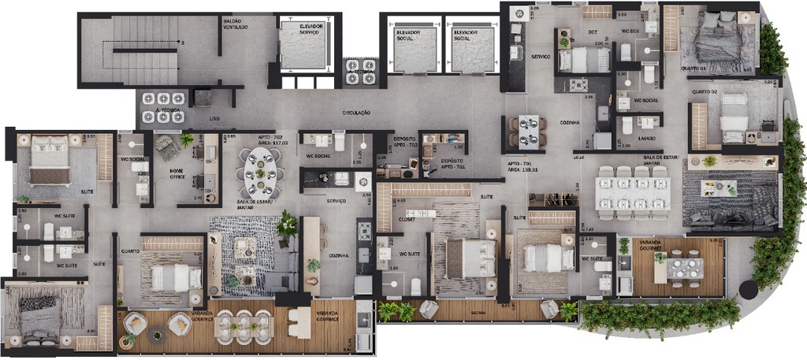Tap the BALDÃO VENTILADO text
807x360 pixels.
(x=236, y=24)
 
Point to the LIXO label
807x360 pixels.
(x=214, y=118)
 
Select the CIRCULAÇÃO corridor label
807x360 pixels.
(x=356, y=113)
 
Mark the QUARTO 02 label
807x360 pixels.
(x=704, y=91)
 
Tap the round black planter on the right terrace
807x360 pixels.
(x=749, y=288)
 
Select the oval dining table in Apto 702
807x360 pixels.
(x=260, y=176)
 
